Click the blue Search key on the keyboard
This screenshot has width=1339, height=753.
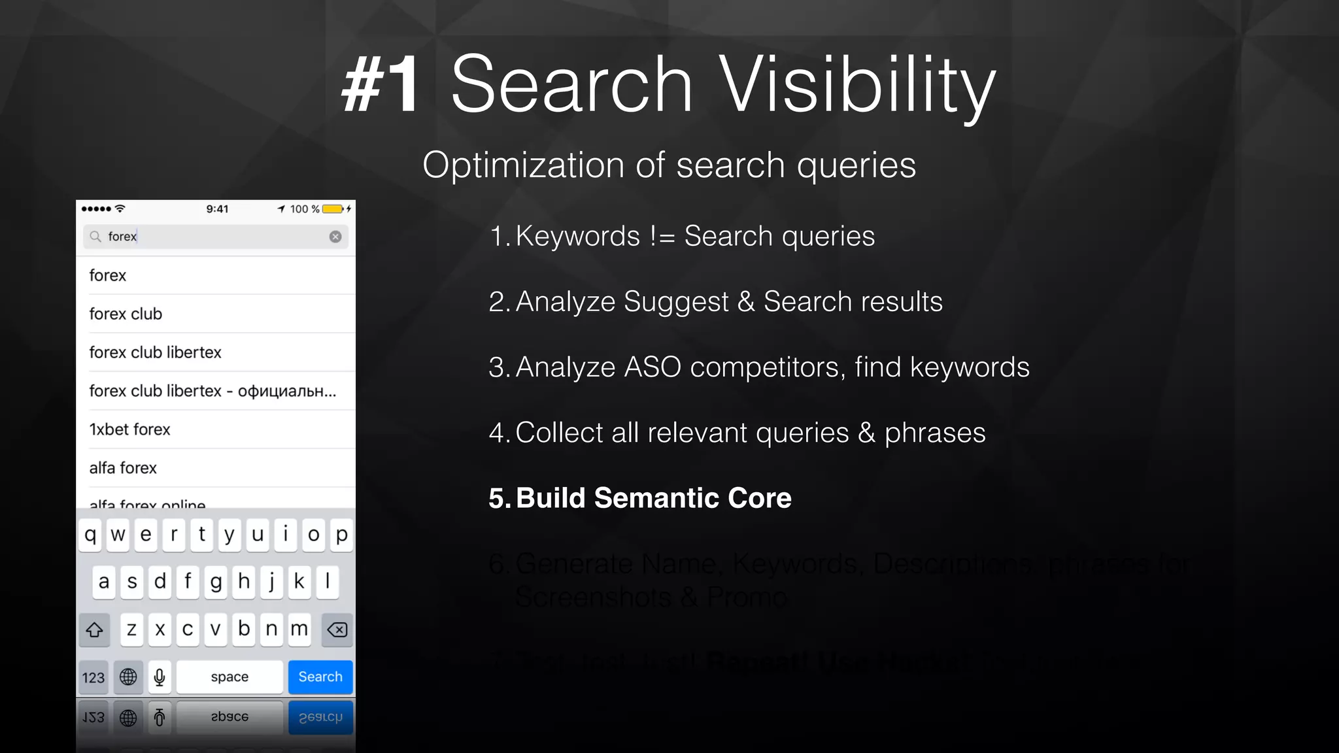point(320,677)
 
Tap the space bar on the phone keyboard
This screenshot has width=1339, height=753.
point(229,677)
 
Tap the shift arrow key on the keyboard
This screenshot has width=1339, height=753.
point(94,629)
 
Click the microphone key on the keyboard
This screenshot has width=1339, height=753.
point(160,677)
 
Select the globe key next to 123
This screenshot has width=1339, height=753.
point(128,677)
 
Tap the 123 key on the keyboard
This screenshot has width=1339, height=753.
point(93,677)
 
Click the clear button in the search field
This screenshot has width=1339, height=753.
point(335,237)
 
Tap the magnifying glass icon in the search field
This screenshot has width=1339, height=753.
point(95,237)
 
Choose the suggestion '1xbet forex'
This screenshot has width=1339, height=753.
point(130,429)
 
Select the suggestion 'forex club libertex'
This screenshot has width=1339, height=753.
point(156,352)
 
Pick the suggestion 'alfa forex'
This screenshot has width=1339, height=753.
point(124,468)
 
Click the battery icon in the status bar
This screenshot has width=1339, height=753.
point(333,209)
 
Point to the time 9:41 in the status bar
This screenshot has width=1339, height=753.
point(217,209)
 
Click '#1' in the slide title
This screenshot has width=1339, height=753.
point(381,85)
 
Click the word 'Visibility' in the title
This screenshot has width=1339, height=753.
point(857,85)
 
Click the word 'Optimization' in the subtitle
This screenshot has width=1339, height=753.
point(524,165)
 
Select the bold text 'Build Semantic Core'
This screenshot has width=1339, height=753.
point(653,498)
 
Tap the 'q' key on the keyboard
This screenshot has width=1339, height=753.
point(90,535)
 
